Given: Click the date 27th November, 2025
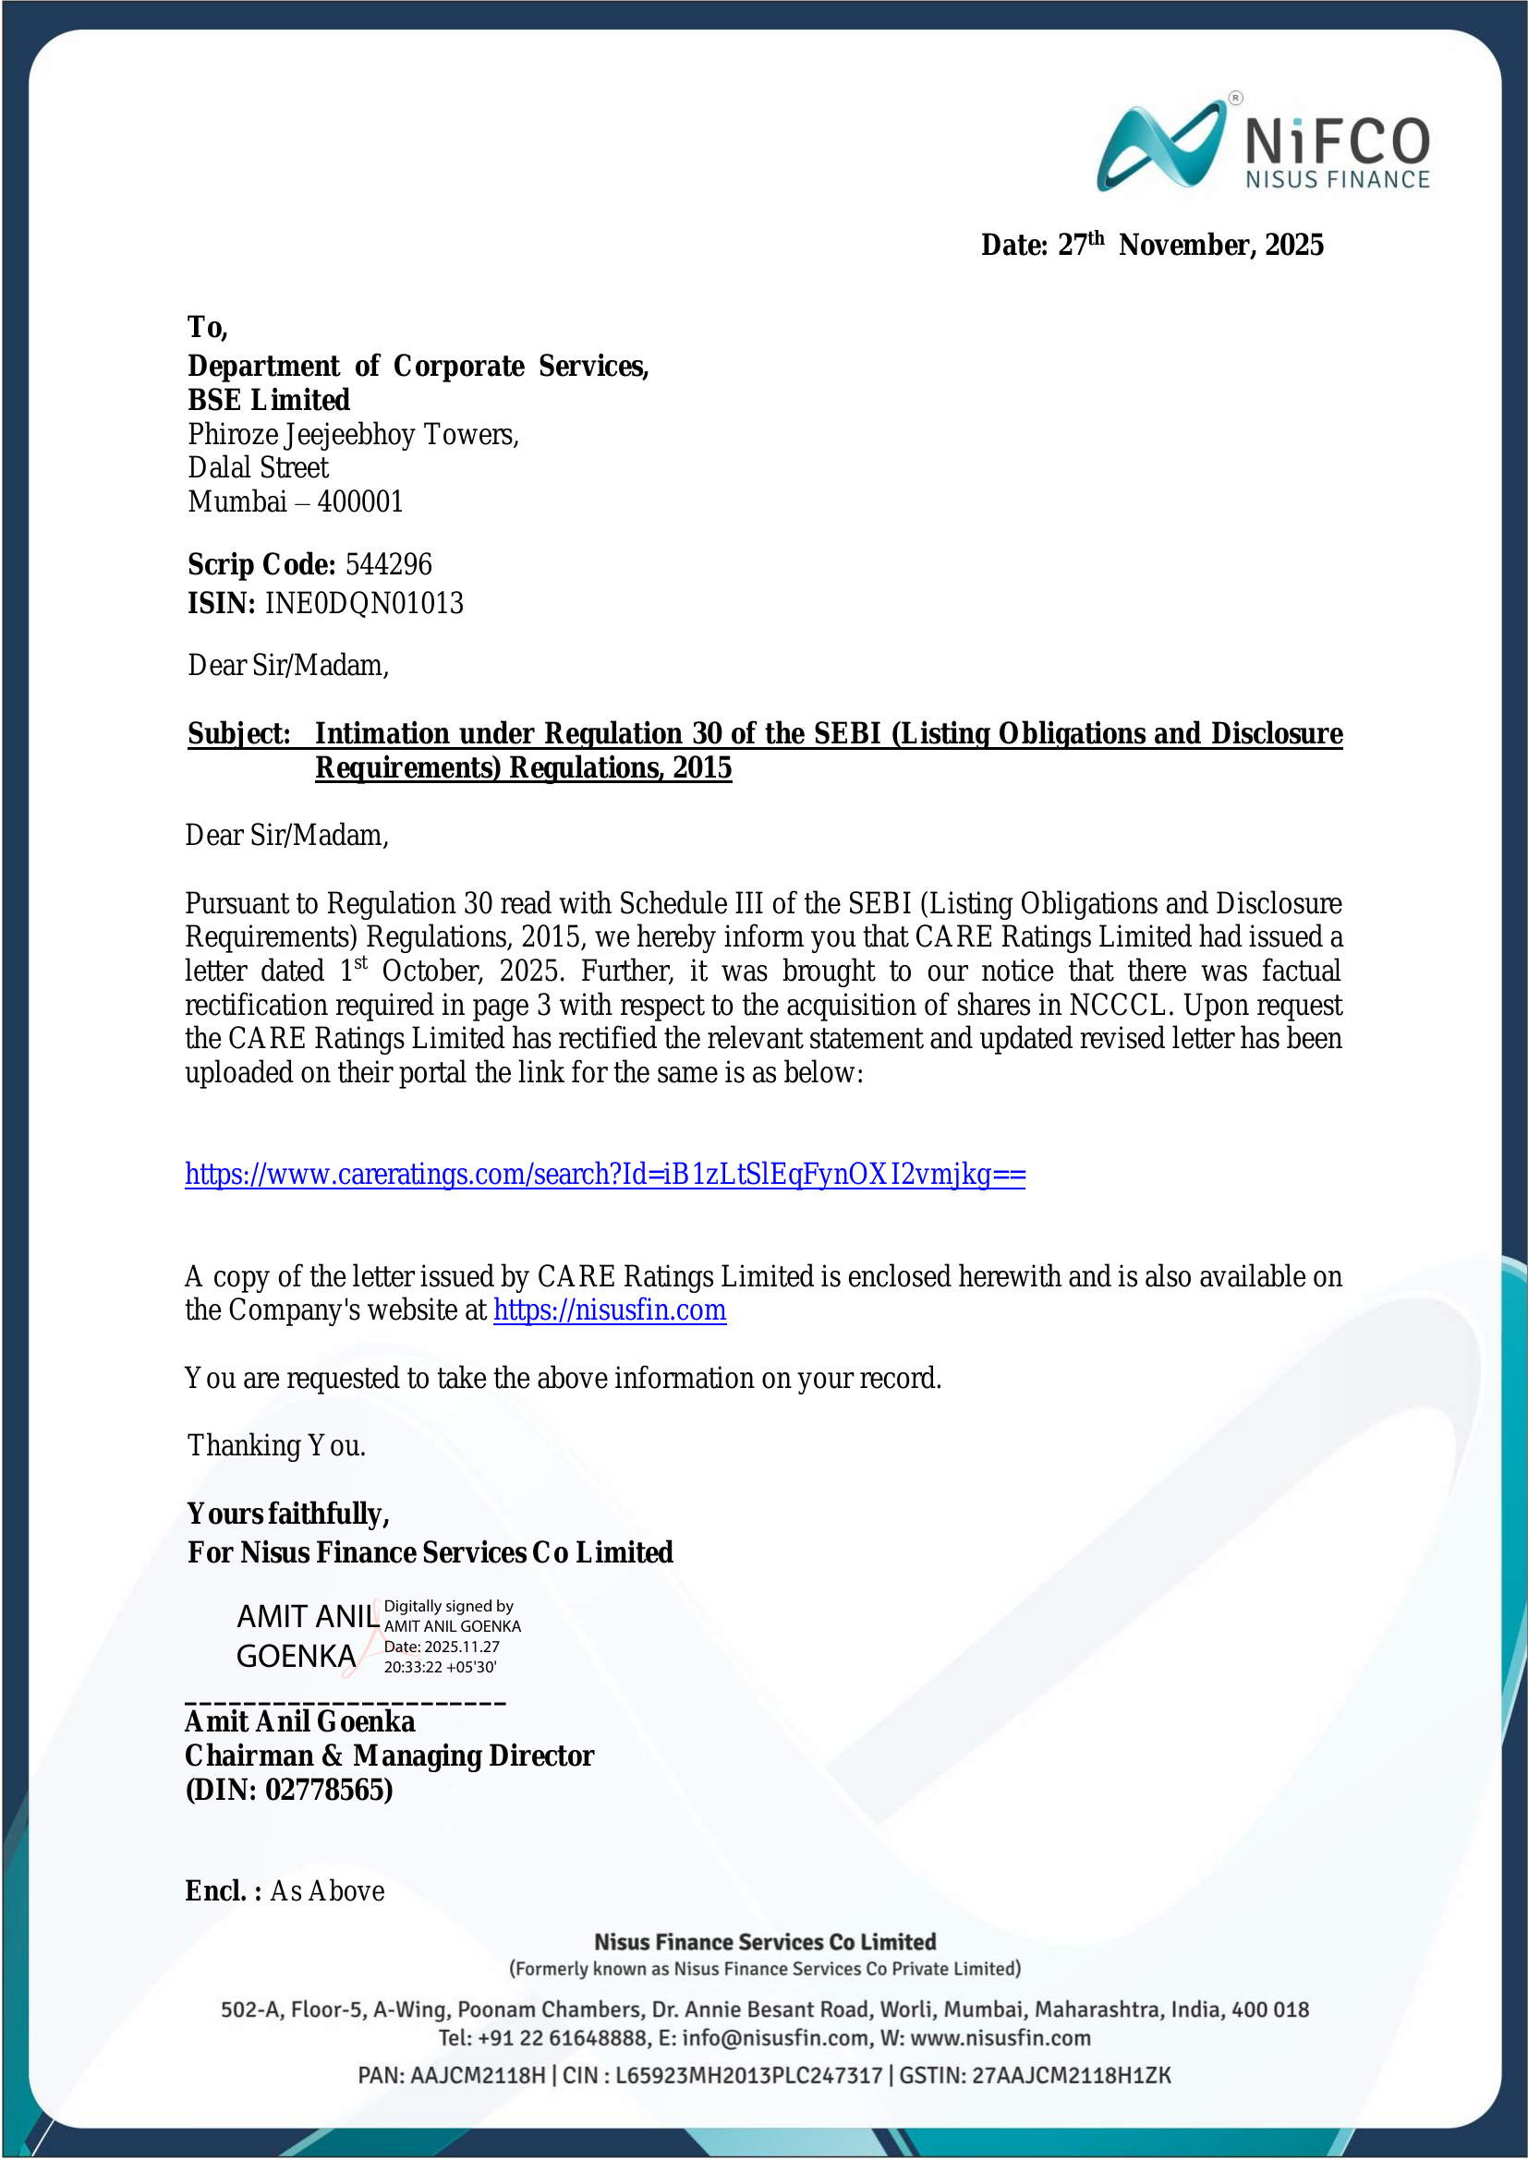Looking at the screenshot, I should (1191, 246).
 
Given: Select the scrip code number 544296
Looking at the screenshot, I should (389, 564).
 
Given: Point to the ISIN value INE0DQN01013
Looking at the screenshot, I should (364, 603).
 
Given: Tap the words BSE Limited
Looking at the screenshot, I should (268, 400).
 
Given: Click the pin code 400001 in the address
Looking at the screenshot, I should (360, 501).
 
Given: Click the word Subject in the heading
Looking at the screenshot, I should (239, 734).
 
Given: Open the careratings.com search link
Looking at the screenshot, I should (605, 1174).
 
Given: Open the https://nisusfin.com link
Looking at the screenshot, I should (610, 1309).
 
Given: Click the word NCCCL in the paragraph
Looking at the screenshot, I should (1117, 1005).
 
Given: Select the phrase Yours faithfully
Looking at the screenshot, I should (288, 1513).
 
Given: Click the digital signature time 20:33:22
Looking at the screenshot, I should (413, 1667).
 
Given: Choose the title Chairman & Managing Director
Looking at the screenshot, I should (390, 1756).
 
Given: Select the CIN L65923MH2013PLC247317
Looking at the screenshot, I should (749, 2075).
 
